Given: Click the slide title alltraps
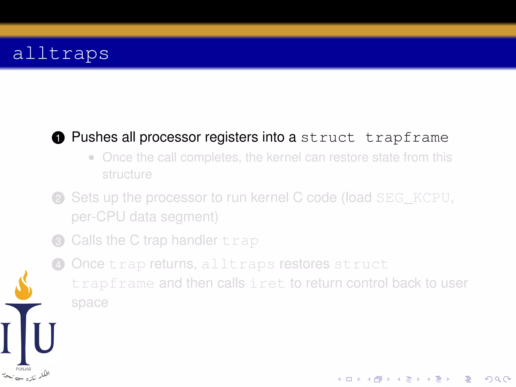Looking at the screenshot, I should (61, 53).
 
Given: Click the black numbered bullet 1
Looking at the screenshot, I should (58, 138).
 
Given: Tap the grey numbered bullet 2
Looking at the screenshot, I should (58, 198).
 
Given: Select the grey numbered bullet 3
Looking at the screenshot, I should (58, 241).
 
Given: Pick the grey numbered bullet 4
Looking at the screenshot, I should (58, 265).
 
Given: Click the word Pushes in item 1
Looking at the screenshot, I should (94, 137).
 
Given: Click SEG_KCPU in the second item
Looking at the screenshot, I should (413, 198).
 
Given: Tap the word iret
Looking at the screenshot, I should (267, 283).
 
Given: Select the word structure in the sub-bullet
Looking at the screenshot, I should (127, 174).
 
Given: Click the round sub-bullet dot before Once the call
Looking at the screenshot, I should (91, 158).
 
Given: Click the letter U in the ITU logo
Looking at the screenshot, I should (45, 338).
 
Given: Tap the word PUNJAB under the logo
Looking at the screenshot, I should (23, 369).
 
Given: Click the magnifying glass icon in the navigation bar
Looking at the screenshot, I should (498, 379).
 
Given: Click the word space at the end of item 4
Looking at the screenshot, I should (90, 303).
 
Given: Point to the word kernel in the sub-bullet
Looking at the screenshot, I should (284, 157).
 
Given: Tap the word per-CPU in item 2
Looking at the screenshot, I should (98, 217).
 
